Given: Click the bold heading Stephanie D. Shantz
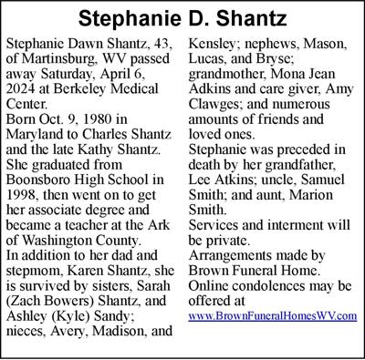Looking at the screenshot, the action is click(182, 18).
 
